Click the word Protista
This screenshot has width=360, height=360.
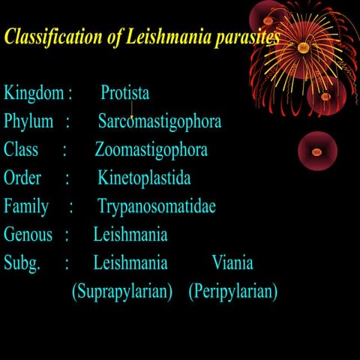[x=124, y=93]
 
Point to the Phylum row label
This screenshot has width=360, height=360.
[x=28, y=121]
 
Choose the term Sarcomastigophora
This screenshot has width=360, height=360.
[x=159, y=121]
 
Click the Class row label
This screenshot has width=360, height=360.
[x=21, y=149]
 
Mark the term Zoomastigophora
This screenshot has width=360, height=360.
[x=151, y=149]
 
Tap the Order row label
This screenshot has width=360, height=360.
[x=22, y=178]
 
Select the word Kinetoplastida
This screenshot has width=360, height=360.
[x=144, y=178]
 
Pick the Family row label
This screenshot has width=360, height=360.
[x=26, y=205]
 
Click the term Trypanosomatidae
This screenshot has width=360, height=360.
[x=156, y=205]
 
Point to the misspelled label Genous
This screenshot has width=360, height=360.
[x=28, y=234]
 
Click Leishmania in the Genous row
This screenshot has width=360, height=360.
[x=130, y=234]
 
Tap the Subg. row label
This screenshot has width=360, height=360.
[x=22, y=262]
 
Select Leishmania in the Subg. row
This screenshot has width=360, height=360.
[x=130, y=262]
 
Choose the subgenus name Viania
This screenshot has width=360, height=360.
[x=232, y=262]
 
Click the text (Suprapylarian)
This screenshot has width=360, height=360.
[x=122, y=291]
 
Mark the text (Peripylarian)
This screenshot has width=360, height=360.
[x=232, y=291]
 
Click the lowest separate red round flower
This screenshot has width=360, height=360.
[x=316, y=151]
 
